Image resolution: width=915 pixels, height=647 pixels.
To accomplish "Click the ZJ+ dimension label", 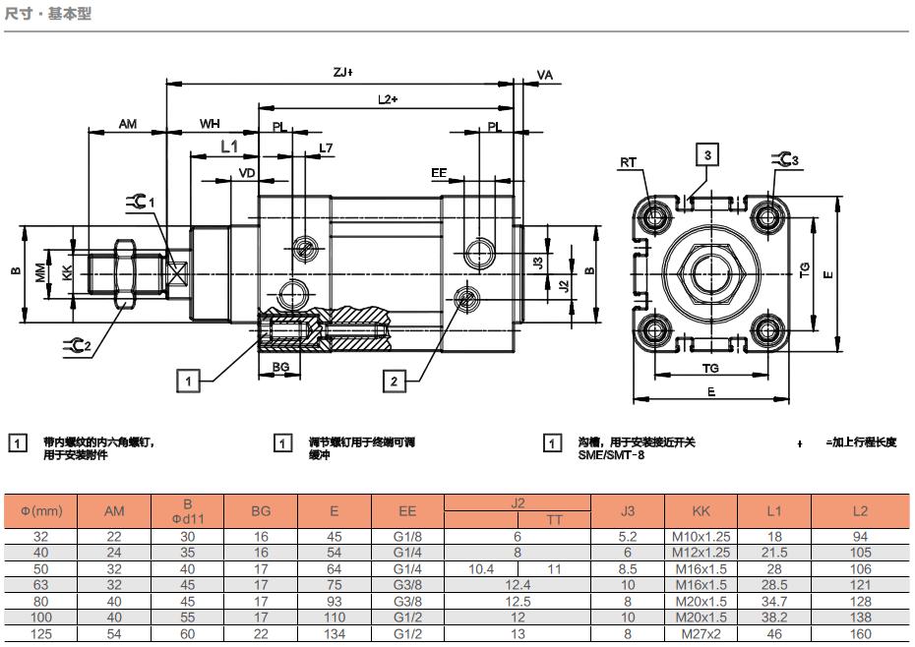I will pyautogui.click(x=342, y=72).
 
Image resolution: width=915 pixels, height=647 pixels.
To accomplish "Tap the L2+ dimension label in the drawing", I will pyautogui.click(x=387, y=99).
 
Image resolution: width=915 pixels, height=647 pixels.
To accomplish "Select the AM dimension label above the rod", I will pyautogui.click(x=128, y=124).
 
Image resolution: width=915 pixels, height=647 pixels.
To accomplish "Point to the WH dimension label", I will pyautogui.click(x=211, y=124).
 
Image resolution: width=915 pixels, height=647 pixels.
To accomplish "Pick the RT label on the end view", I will pyautogui.click(x=629, y=162).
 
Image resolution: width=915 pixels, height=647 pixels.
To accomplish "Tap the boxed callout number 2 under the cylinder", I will pyautogui.click(x=394, y=381).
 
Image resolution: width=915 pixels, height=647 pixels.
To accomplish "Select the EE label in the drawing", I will pyautogui.click(x=439, y=173).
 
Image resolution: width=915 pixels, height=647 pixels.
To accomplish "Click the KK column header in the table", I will pyautogui.click(x=701, y=511).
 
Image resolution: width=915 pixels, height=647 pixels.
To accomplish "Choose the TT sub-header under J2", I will pyautogui.click(x=554, y=519).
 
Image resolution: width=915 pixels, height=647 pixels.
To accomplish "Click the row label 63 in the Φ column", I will pyautogui.click(x=41, y=584).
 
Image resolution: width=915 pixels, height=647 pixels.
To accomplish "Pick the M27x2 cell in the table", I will pyautogui.click(x=701, y=633).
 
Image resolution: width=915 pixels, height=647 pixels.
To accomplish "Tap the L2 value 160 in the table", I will pyautogui.click(x=860, y=633).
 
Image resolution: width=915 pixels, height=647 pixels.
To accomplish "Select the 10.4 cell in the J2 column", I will pyautogui.click(x=481, y=568).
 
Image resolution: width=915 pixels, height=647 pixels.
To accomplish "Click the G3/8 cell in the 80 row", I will pyautogui.click(x=407, y=601).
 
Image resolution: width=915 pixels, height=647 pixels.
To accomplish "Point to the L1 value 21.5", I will pyautogui.click(x=773, y=553).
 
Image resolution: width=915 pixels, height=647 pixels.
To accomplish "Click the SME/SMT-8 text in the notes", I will pyautogui.click(x=611, y=455).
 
